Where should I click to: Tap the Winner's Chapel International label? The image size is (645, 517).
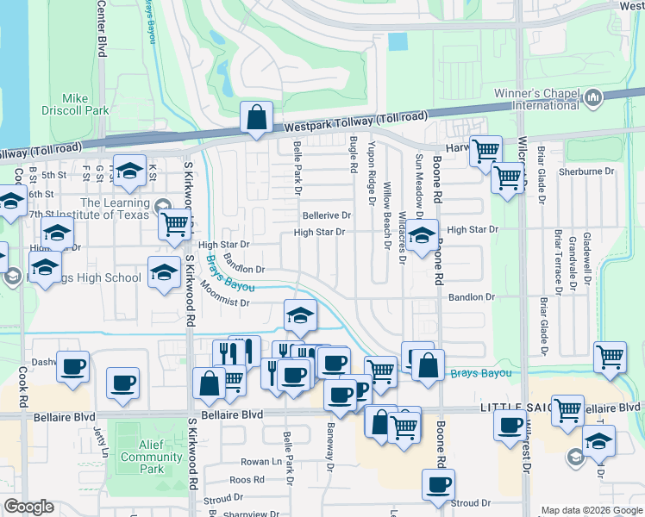535,99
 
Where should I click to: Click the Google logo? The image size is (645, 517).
28,507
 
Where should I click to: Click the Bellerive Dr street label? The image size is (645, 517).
326,215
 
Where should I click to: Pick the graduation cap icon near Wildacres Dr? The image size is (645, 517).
422,235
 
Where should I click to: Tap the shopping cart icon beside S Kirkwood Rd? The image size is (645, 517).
176,224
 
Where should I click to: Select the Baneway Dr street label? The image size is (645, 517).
329,449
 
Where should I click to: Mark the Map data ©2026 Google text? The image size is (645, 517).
591,509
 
